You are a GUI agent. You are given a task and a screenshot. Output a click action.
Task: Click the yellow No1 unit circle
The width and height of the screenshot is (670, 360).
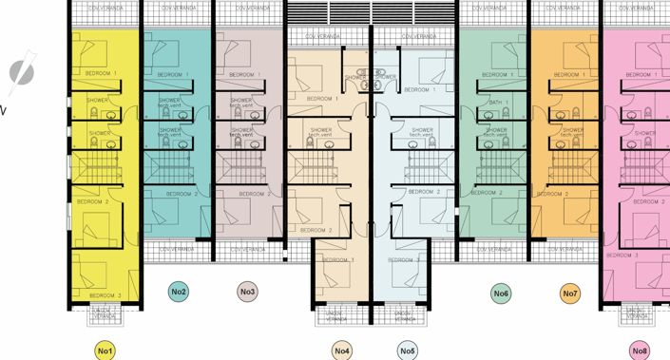pyautogui.click(x=105, y=351)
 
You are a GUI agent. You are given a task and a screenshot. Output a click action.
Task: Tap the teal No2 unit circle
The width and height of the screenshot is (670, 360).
pyautogui.click(x=178, y=293)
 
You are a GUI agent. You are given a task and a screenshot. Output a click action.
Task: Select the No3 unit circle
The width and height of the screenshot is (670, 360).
pyautogui.click(x=247, y=293)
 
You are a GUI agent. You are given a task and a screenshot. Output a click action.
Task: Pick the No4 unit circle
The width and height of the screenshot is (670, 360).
pyautogui.click(x=342, y=351)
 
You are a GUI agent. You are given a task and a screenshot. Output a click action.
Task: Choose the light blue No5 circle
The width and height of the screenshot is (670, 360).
pyautogui.click(x=408, y=351)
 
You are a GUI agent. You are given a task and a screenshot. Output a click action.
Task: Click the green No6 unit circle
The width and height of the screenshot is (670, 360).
pyautogui.click(x=501, y=294)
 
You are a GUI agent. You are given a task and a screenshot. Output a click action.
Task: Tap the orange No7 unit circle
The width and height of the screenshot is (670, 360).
pyautogui.click(x=569, y=294)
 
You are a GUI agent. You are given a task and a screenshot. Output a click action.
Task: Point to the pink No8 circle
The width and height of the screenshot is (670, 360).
pyautogui.click(x=639, y=351)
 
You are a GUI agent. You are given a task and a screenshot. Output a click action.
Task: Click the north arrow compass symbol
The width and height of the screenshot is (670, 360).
pyautogui.click(x=20, y=73)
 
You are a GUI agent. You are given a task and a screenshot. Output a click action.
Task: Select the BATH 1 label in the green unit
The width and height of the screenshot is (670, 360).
pyautogui.click(x=499, y=102)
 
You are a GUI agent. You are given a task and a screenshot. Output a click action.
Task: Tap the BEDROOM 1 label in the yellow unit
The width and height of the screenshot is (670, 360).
pyautogui.click(x=101, y=73)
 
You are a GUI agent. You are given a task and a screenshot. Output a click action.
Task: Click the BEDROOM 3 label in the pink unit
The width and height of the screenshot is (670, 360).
pyautogui.click(x=623, y=255)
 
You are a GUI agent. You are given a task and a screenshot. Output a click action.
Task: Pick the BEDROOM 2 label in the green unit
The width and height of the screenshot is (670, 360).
pyautogui.click(x=487, y=193)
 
